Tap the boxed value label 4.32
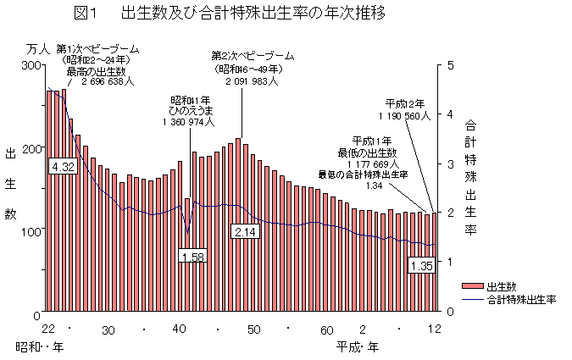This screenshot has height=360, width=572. pos(64,167)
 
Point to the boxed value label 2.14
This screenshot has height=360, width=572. pos(245,231)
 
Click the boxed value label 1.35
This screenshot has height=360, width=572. pos(421,266)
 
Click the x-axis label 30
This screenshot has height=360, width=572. pos(108,330)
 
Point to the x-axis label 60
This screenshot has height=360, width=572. pos(326,330)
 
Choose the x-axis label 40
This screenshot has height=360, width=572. pos(180,330)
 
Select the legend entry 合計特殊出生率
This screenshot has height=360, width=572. pos(520,300)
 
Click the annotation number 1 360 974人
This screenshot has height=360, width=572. pos(187,122)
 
